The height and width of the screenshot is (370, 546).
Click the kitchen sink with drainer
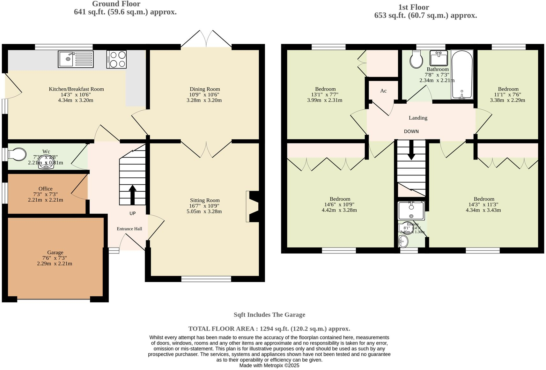pyautogui.click(x=76, y=59)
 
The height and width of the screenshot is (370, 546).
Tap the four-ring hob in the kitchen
pyautogui.click(x=116, y=59)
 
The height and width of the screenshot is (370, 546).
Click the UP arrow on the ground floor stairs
pyautogui.click(x=132, y=194)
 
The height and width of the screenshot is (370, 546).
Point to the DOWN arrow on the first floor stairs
pyautogui.click(x=411, y=150)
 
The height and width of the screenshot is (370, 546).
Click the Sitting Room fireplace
pyautogui.click(x=252, y=206)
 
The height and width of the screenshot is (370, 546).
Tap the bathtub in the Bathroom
pyautogui.click(x=462, y=74)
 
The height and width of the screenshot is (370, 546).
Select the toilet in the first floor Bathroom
pyautogui.click(x=416, y=59)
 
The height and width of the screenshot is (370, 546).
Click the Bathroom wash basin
pyautogui.click(x=439, y=58)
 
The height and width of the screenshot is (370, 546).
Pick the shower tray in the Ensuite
pyautogui.click(x=411, y=210)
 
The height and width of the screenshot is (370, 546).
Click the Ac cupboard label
pyautogui.click(x=383, y=91)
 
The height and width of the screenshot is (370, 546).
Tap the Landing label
pyautogui.click(x=418, y=118)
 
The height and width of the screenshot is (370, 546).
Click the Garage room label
pyautogui.click(x=55, y=252)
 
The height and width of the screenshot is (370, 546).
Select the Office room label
pyautogui.click(x=45, y=189)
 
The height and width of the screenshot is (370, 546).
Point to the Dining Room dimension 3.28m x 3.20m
pyautogui.click(x=204, y=100)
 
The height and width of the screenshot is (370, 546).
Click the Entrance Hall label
pyautogui.click(x=129, y=229)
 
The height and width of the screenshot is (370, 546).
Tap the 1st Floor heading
pyautogui.click(x=413, y=7)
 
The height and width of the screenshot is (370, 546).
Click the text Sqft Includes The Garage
pyautogui.click(x=269, y=315)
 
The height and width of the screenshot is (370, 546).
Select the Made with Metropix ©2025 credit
pyautogui.click(x=269, y=366)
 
